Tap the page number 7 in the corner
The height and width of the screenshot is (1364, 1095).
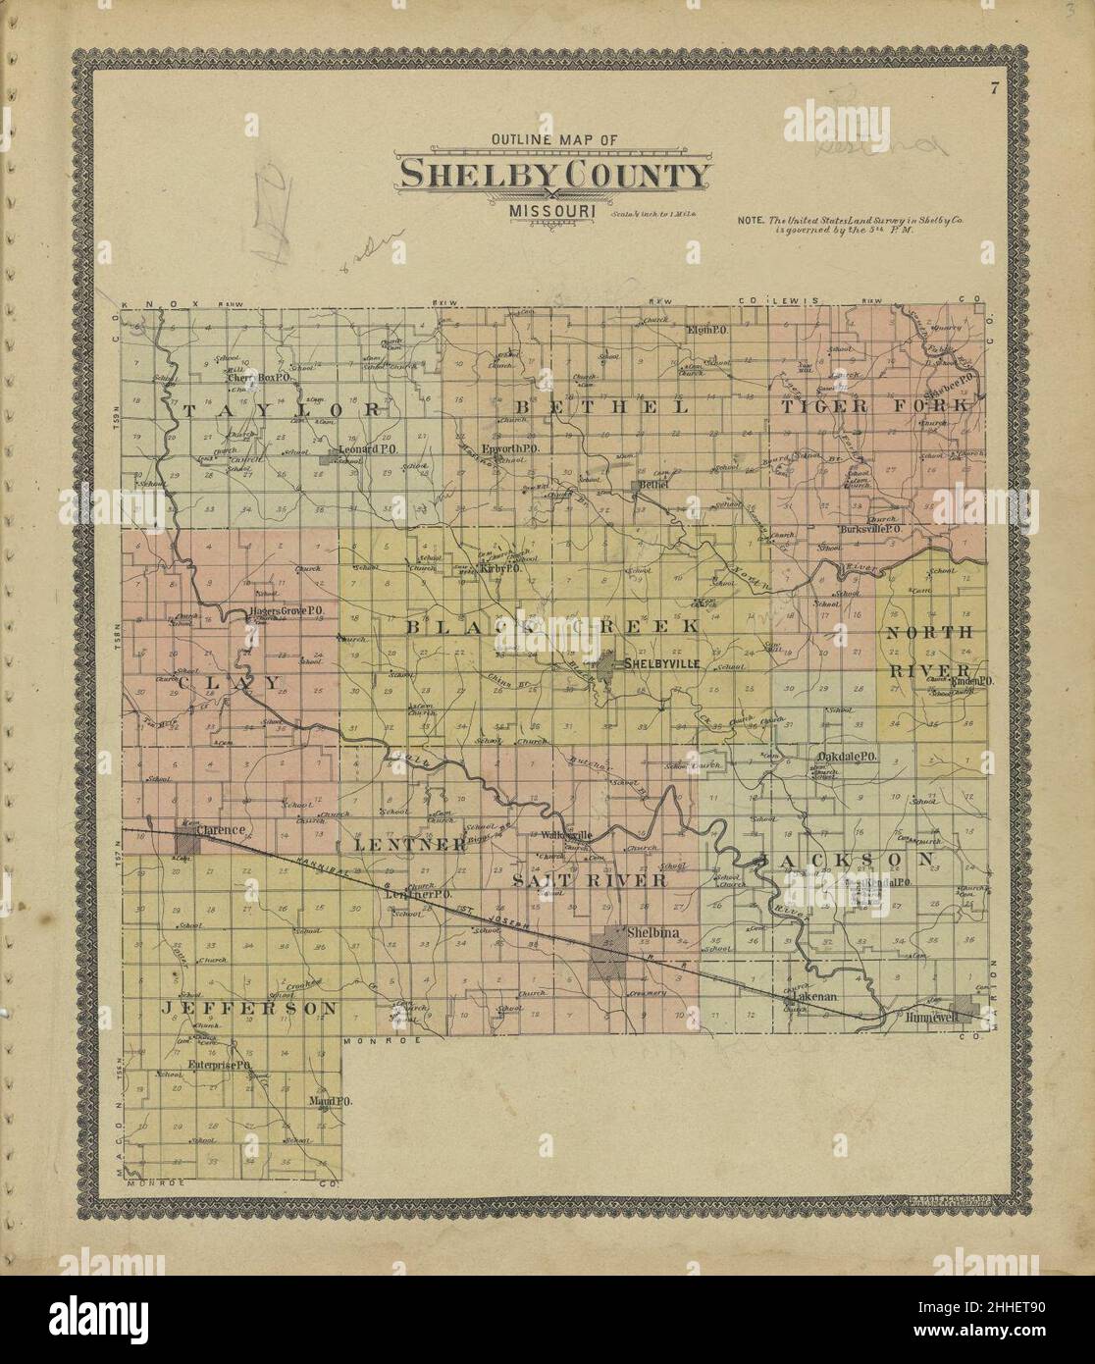[994, 90]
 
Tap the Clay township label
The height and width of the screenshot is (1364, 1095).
[217, 681]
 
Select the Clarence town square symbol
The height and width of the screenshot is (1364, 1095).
[187, 841]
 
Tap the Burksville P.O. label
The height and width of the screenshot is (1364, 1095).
[869, 529]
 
